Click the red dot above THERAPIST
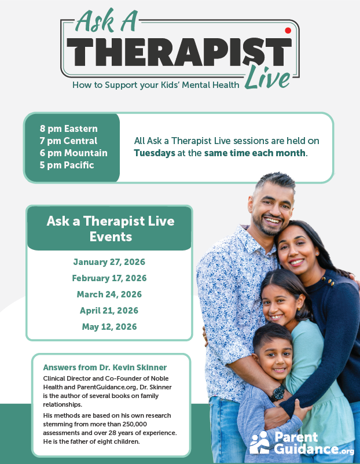(x=288, y=31)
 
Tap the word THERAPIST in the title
(x=179, y=53)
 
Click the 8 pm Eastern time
(x=69, y=128)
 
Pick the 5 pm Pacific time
(x=67, y=165)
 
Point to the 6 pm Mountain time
(x=74, y=153)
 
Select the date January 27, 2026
(x=109, y=262)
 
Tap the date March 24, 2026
(x=109, y=294)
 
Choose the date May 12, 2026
(x=109, y=327)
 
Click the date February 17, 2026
(x=109, y=278)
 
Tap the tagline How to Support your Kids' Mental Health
(x=156, y=85)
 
